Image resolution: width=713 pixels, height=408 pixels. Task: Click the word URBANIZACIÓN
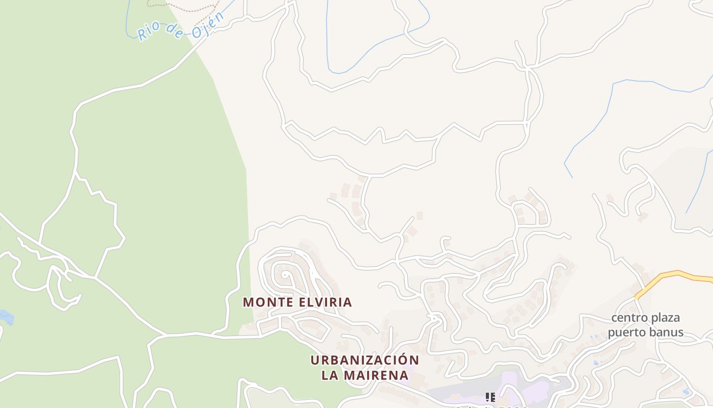(365, 360)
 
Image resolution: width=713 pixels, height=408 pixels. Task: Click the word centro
(629, 318)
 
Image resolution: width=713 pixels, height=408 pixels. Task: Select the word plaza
(665, 318)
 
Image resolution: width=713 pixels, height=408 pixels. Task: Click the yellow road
(677, 274)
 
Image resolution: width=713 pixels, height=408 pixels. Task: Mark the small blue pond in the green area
(6, 317)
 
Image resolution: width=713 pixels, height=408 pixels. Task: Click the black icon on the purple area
(490, 397)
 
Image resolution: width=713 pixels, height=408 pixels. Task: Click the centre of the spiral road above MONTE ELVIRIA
(286, 275)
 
